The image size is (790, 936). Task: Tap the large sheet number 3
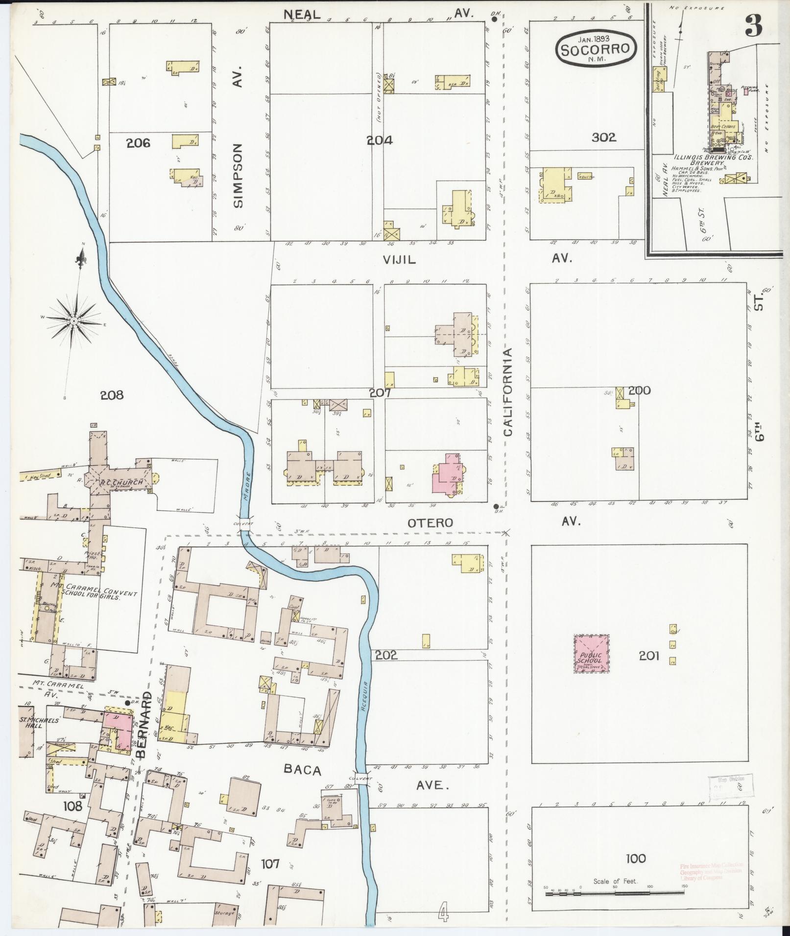tap(753, 26)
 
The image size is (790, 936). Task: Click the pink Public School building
tap(592, 654)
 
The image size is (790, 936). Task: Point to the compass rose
tap(73, 320)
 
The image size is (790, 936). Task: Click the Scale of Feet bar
tap(615, 893)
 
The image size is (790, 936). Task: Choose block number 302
tap(603, 138)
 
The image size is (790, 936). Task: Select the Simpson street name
tap(238, 176)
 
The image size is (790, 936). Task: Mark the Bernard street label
tap(145, 731)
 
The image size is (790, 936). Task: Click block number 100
tap(636, 858)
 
